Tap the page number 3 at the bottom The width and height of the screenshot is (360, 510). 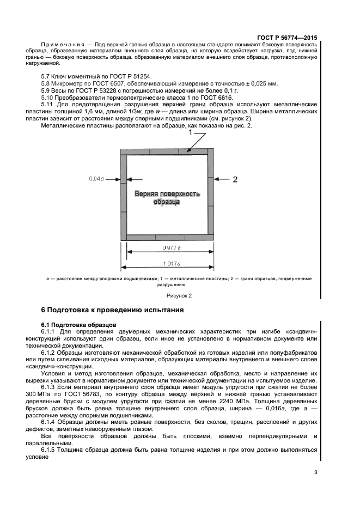coord(315,472)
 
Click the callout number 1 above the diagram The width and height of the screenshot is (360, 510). coord(190,132)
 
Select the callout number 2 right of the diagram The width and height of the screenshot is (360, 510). coord(235,179)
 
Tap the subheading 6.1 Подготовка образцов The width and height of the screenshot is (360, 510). coord(77,325)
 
